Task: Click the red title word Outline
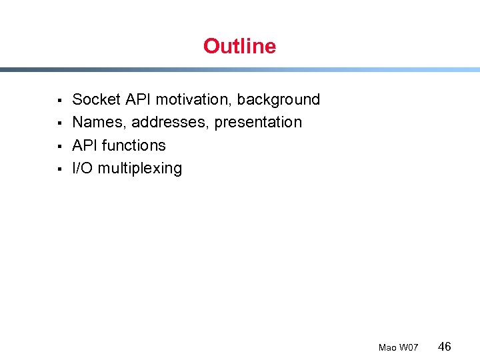point(239,46)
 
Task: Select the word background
point(279,99)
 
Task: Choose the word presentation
point(258,123)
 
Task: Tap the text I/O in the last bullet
point(83,168)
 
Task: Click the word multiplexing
point(140,169)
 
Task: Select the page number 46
point(445,346)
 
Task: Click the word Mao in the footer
point(387,347)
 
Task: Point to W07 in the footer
point(409,347)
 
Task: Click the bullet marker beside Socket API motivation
point(59,101)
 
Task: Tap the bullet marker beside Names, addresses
point(59,123)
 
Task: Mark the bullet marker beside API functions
point(59,146)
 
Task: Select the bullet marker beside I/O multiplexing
point(59,169)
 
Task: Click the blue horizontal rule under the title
point(240,69)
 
